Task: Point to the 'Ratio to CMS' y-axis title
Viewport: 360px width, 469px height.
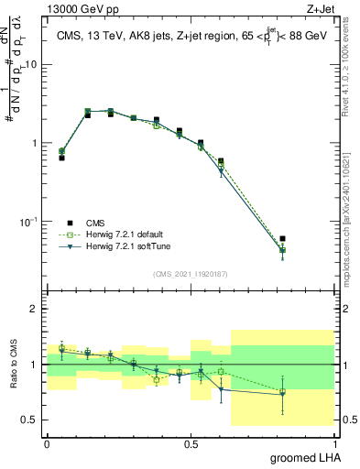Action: (x=13, y=365)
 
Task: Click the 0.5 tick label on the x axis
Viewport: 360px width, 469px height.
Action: (x=191, y=442)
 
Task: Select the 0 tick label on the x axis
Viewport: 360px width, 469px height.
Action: (x=47, y=442)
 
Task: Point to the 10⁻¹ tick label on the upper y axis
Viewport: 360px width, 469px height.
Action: (x=30, y=222)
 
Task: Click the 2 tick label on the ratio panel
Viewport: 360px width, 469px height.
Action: (x=35, y=309)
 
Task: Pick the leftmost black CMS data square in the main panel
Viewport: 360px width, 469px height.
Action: (x=61, y=158)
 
